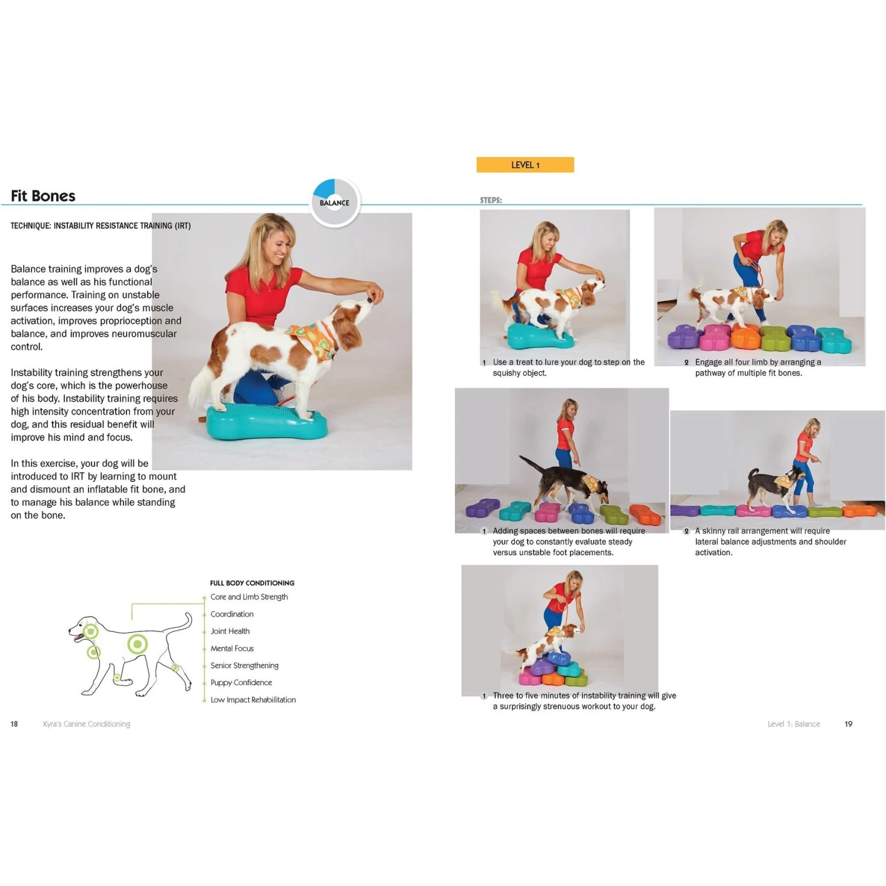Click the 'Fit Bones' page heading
coord(43,196)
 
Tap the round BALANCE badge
coord(335,203)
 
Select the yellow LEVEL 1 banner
coord(525,165)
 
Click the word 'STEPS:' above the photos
coord(491,200)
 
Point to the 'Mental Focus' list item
coord(232,649)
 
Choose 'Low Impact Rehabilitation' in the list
coord(253,700)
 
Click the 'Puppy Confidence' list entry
coord(241,683)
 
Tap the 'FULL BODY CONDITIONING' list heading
coord(252,583)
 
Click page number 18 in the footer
coord(14,724)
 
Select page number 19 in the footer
coord(848,724)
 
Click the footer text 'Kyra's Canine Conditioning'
coord(86,724)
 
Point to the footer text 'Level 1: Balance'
coord(794,724)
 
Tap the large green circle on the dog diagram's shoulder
coord(138,643)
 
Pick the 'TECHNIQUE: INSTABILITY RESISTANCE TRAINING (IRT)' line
coord(100,226)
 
